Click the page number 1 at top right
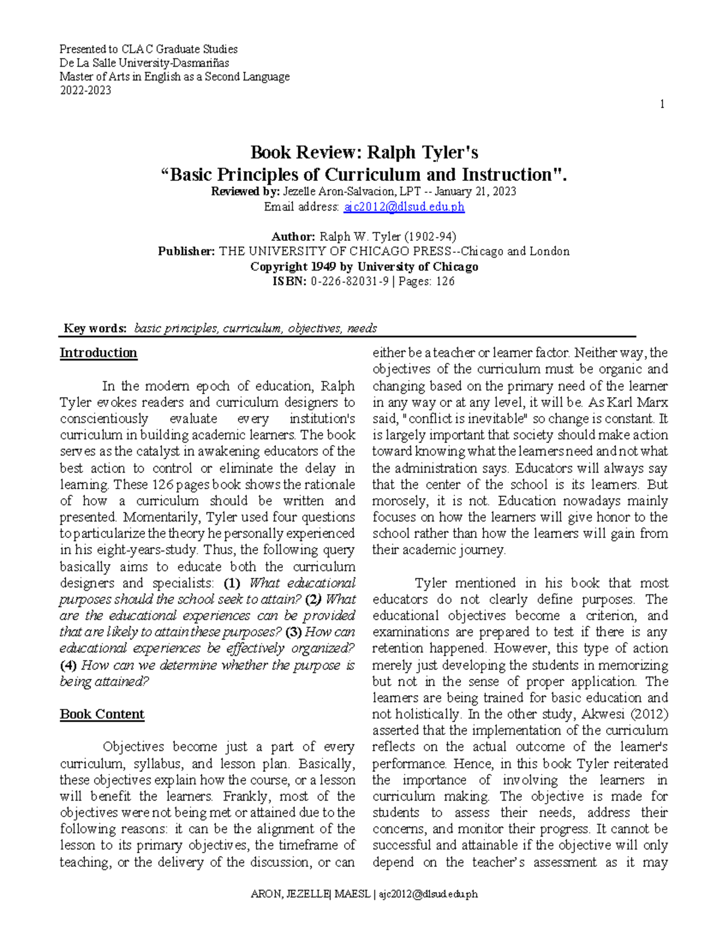coord(662,104)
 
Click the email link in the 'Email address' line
coord(404,207)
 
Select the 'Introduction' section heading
coord(98,353)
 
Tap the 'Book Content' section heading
coord(102,714)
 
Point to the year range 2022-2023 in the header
coord(85,91)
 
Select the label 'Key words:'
coord(95,329)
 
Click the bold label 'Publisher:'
coord(186,251)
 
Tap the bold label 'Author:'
coord(293,237)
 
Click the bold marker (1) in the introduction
coord(232,583)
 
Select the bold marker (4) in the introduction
coord(68,665)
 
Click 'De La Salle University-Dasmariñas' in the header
coord(144,63)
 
